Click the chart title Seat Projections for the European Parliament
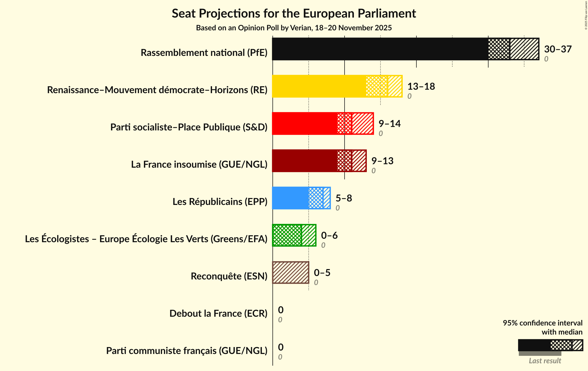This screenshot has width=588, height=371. (294, 13)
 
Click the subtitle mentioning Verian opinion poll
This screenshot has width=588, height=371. (294, 28)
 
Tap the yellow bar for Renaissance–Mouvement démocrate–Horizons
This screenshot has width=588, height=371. (319, 86)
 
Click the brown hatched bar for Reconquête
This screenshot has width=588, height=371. (291, 273)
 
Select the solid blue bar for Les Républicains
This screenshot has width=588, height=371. (290, 198)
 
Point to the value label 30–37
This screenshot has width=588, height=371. (558, 49)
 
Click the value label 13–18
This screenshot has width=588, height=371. (421, 86)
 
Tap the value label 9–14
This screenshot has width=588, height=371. (389, 123)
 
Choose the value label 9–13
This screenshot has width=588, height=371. (382, 161)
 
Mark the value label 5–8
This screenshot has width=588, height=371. (343, 198)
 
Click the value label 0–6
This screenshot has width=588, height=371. (329, 235)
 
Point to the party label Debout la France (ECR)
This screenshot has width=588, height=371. (218, 314)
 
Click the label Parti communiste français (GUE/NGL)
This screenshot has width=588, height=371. (187, 351)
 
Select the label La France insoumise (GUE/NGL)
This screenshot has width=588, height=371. (199, 164)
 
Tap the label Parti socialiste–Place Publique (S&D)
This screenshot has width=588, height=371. (189, 127)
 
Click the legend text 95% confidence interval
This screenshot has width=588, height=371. (542, 323)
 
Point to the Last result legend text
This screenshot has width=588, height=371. (545, 361)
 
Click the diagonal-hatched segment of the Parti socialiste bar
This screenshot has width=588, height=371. (363, 123)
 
